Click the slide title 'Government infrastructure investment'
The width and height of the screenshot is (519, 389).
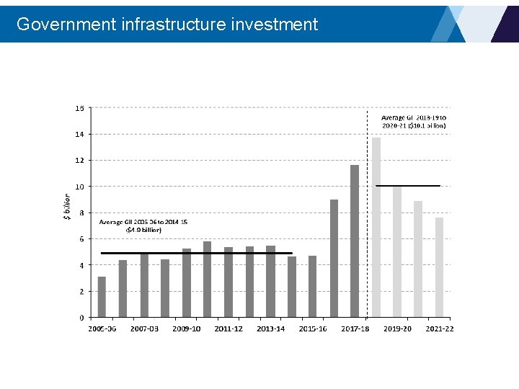(167, 24)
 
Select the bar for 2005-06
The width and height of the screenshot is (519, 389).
(102, 297)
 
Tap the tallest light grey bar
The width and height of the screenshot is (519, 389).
(376, 227)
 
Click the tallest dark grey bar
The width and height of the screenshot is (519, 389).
(355, 241)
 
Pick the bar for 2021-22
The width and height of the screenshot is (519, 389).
(439, 267)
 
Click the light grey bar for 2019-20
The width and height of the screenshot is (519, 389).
(397, 252)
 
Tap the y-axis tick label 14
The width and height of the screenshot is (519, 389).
(79, 134)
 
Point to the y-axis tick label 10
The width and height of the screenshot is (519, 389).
(79, 187)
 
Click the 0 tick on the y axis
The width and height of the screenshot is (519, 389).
(81, 318)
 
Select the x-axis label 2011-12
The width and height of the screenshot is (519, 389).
(229, 329)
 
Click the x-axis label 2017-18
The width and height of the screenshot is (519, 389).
(355, 329)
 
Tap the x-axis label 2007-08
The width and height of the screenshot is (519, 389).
(144, 329)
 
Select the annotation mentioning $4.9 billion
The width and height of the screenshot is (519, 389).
(143, 226)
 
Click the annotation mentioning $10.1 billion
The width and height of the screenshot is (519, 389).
(414, 121)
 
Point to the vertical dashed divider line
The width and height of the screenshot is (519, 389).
(368, 216)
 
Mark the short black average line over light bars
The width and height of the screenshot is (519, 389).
(408, 186)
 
